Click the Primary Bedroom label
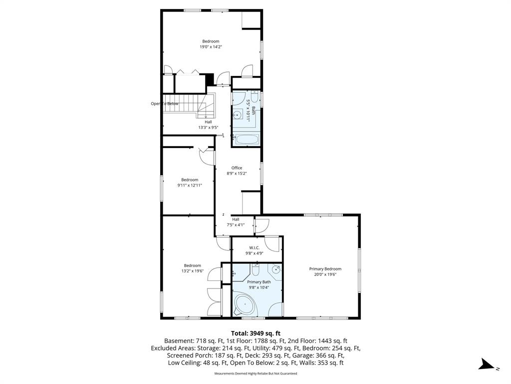point(325,268)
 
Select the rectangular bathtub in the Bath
point(248,140)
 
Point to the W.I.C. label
point(254,248)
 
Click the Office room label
point(237,168)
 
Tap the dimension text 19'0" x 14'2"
point(211,46)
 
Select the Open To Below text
point(165,103)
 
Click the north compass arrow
point(487,364)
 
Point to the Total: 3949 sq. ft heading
point(255,333)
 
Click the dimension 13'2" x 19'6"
point(193,270)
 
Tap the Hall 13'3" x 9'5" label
point(208,124)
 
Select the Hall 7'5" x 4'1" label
point(236,222)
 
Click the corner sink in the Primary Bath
point(275,269)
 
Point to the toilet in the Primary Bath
point(255,270)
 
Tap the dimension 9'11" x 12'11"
point(190,185)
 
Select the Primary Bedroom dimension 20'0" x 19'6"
point(325,274)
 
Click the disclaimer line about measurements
point(255,373)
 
